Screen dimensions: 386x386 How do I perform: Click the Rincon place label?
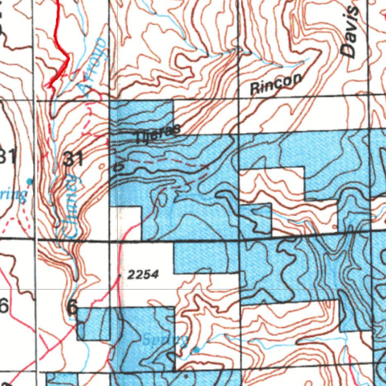pos(276,84)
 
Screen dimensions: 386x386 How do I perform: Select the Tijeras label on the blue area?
pos(158,134)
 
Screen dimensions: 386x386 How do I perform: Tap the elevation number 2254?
pos(142,275)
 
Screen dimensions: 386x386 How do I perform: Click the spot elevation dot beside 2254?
pos(120,276)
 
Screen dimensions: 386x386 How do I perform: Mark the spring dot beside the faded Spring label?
pos(196,350)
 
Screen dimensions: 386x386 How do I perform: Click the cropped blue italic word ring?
pos(13,195)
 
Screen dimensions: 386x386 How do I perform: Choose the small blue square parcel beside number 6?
pos(93,323)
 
